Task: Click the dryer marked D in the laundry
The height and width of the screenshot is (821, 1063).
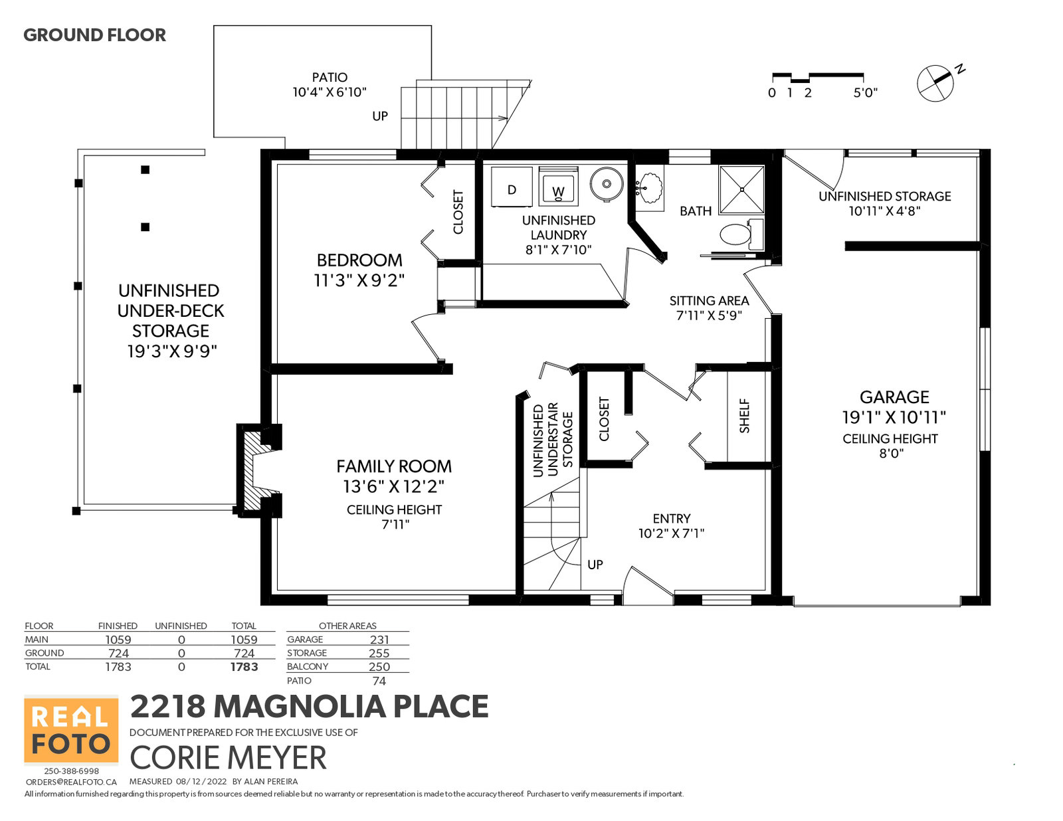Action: click(x=511, y=187)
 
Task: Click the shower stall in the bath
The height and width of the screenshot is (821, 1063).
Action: click(x=741, y=189)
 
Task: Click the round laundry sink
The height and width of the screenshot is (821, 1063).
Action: click(x=606, y=184)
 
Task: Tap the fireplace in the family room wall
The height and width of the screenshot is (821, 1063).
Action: click(x=259, y=470)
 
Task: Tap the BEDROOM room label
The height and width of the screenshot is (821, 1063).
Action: click(x=359, y=260)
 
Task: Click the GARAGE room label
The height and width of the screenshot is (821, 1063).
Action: click(x=894, y=397)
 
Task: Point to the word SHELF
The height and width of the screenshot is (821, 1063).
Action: click(x=744, y=416)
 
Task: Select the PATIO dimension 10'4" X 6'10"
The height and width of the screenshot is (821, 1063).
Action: click(x=330, y=92)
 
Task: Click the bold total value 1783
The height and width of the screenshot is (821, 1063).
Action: click(x=244, y=667)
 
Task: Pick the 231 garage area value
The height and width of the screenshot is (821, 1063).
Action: click(x=379, y=640)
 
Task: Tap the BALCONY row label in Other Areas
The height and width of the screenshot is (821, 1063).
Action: click(x=307, y=666)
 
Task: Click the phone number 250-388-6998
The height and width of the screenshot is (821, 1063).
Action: click(x=72, y=771)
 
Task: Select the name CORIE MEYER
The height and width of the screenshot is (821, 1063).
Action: click(x=228, y=758)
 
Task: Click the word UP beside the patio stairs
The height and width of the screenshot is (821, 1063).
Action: click(x=380, y=116)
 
